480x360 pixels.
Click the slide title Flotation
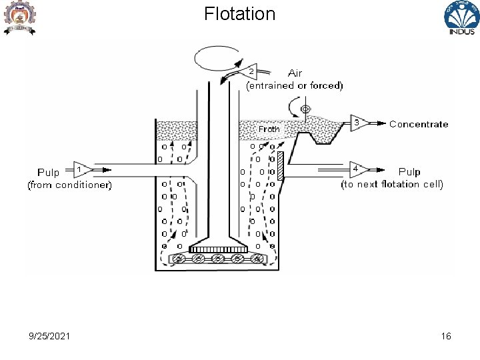pos(239,14)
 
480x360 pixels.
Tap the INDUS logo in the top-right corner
pos(461,18)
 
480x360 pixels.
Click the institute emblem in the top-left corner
pos(20,17)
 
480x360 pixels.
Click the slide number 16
pos(446,336)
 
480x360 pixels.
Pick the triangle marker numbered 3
pos(357,123)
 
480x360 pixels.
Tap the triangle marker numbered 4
pos(357,168)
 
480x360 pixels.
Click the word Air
pos(295,73)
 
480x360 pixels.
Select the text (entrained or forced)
pos(295,85)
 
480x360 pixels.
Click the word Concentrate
pos(419,124)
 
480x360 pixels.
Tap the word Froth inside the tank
pos(269,129)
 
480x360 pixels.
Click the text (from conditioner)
pos(69,185)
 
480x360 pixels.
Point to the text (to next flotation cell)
pos(392,184)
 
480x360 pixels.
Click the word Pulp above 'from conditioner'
pos(49,172)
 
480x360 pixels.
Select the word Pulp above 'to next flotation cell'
pos(409,172)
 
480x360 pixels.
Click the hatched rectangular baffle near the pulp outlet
pos(281,166)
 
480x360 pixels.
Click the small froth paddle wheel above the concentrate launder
pos(305,108)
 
